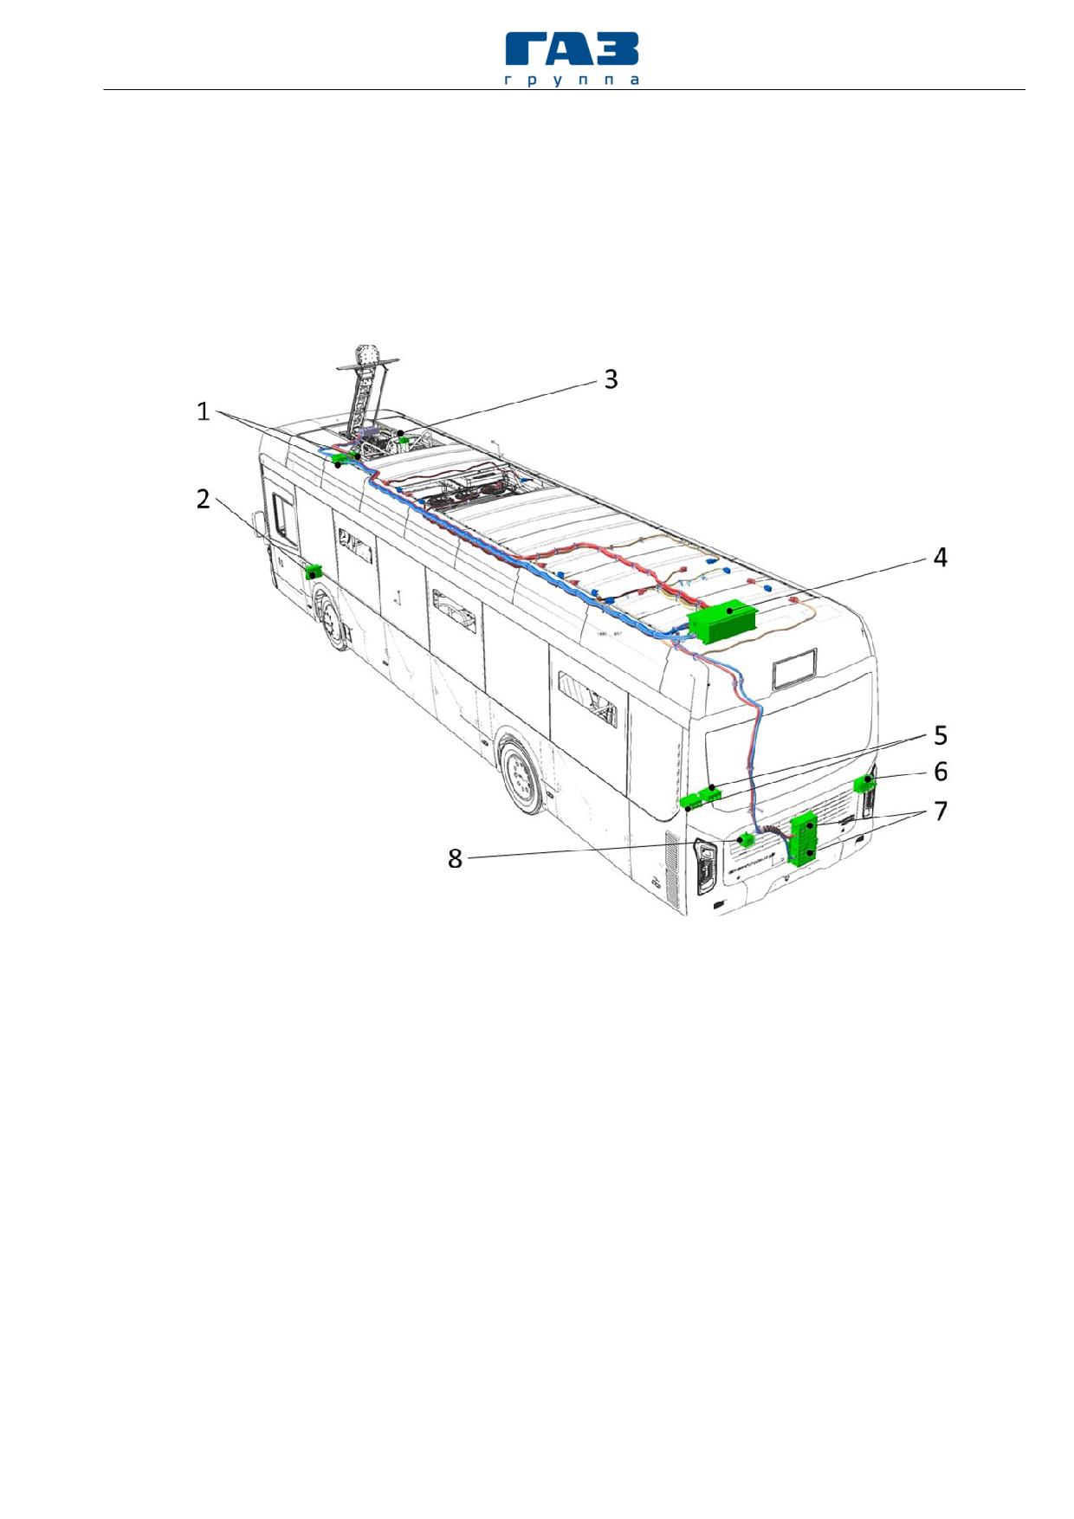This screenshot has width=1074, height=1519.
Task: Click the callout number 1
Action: [203, 411]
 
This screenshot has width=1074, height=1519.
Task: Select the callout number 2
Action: [203, 500]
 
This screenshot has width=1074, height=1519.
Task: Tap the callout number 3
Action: [611, 379]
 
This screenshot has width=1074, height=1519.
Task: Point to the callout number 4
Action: [940, 558]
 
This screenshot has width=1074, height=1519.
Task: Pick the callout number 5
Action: [941, 735]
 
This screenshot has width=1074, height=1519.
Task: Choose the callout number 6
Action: [941, 772]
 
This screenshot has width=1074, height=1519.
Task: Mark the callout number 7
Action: [941, 811]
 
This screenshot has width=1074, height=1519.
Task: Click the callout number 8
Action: [455, 858]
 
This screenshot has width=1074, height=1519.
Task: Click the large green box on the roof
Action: [722, 620]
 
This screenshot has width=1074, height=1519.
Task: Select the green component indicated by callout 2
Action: [314, 572]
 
